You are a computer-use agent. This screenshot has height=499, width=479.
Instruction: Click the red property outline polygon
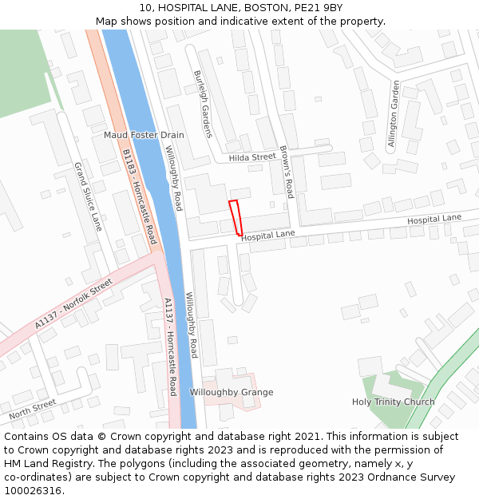pos(236,217)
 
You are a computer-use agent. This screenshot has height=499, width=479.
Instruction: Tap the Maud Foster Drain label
pos(144,135)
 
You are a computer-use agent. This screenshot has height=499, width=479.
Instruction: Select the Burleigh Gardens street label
pos(203,104)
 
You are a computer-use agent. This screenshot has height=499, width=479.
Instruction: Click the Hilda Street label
pos(251,158)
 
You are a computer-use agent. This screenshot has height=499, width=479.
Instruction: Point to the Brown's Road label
pos(287,172)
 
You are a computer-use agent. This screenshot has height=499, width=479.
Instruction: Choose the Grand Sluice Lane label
pos(89,196)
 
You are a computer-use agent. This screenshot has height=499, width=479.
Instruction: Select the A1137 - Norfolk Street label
pos(74,304)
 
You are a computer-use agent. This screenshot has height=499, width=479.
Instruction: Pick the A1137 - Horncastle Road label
pos(170,347)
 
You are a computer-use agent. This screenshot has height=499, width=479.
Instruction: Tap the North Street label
pos(33,410)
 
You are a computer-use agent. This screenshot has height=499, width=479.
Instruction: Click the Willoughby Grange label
pos(232,392)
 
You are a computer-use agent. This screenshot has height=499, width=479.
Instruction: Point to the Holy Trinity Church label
pos(394,402)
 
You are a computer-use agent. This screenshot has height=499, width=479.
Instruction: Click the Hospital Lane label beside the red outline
pos(268,236)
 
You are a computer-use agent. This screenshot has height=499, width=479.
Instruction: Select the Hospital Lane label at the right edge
pos(434,219)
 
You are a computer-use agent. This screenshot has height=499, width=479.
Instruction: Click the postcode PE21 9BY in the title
pos(319,8)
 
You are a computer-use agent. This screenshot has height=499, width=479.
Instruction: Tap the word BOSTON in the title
pos(268,8)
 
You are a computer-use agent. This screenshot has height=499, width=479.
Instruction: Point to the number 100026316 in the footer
pos(33,490)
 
